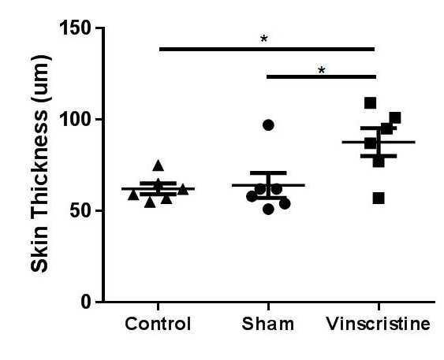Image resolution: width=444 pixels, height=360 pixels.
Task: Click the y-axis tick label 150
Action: (x=76, y=28)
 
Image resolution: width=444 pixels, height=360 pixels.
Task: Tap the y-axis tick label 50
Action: (x=81, y=211)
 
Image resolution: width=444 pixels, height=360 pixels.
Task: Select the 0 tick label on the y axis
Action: (x=87, y=302)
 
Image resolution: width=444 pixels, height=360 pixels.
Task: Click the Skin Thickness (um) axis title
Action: (x=40, y=164)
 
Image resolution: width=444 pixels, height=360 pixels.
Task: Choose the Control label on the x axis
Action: (x=158, y=324)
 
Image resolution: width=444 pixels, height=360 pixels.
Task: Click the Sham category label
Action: (x=268, y=324)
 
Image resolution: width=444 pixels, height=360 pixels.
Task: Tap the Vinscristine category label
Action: (x=379, y=324)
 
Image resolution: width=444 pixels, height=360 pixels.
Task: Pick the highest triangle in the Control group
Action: (x=159, y=165)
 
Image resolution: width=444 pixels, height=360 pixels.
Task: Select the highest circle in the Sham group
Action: (x=268, y=125)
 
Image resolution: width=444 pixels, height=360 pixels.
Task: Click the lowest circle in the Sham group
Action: (x=268, y=210)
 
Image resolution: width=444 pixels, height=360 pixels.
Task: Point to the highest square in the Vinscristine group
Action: (x=370, y=103)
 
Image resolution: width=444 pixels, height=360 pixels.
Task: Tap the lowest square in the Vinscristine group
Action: (x=379, y=199)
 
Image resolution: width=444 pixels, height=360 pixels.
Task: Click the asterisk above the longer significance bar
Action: (x=264, y=39)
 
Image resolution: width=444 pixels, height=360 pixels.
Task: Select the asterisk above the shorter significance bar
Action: (x=322, y=70)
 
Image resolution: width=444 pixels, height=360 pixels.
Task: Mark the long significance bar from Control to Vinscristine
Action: (x=267, y=49)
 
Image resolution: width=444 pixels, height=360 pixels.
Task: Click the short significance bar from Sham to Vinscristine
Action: (x=322, y=76)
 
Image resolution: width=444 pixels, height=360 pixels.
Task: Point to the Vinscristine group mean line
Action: (x=379, y=142)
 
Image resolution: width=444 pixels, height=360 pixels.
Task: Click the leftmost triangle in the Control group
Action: (x=133, y=195)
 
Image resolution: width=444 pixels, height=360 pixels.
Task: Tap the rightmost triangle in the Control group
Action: (x=183, y=189)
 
